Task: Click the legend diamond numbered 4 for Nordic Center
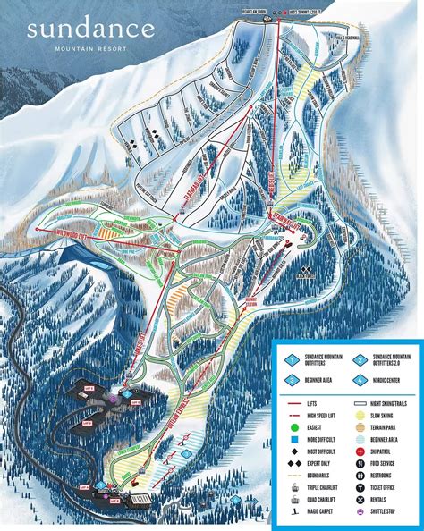click(359, 380)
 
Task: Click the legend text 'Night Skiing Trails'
click(388, 403)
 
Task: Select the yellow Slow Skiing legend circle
click(359, 416)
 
